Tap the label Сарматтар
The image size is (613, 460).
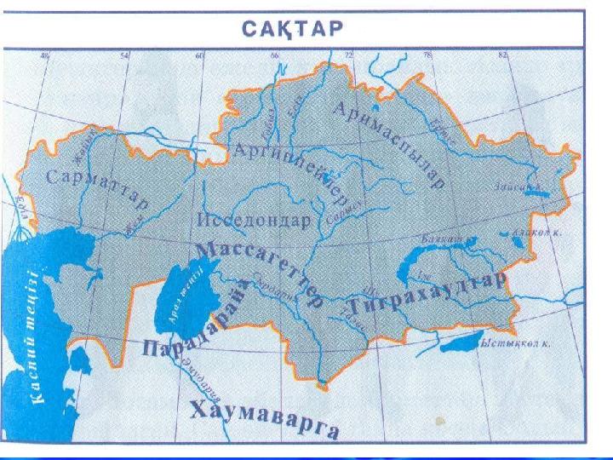point(97,189)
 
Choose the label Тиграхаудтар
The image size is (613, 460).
point(427,294)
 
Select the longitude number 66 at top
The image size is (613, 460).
point(275,56)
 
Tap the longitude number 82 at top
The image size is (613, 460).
point(502,56)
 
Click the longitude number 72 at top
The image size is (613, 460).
point(348,56)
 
